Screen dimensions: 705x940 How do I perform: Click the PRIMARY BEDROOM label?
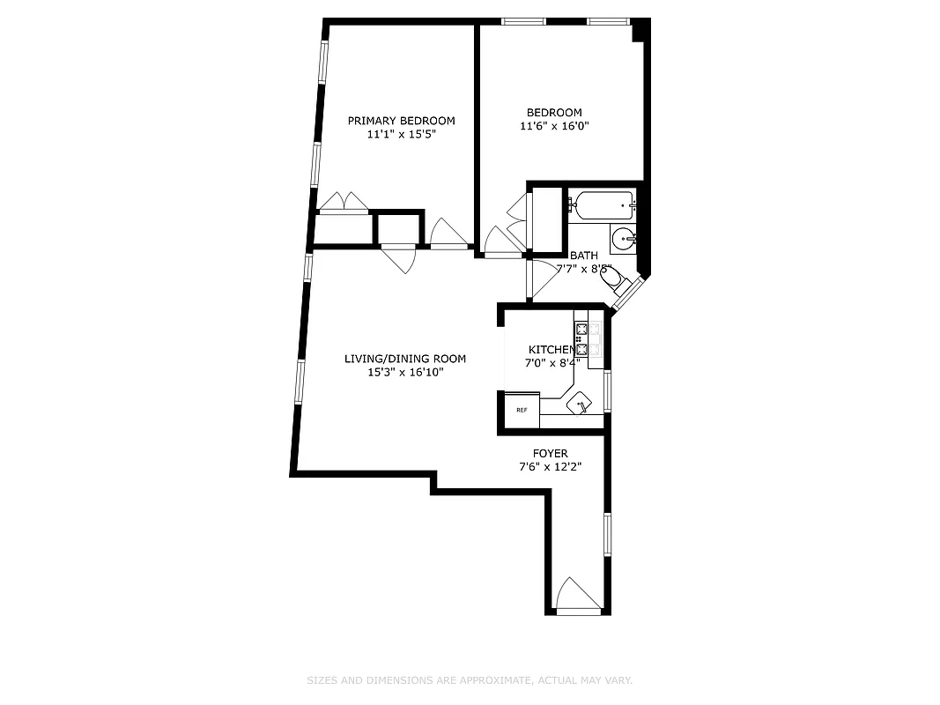401,121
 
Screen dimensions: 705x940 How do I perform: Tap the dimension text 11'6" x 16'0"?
554,126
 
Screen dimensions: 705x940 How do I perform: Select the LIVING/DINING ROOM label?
404,359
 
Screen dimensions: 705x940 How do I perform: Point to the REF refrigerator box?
522,410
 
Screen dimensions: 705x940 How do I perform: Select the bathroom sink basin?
625,237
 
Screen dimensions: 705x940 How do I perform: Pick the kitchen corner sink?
581,404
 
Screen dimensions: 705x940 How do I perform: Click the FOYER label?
551,454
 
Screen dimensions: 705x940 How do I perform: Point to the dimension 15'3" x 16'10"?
404,373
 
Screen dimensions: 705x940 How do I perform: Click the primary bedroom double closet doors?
343,204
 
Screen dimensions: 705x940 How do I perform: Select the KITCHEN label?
551,350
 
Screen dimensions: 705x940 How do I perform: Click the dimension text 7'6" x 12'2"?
551,468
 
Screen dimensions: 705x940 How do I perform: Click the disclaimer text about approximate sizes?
470,680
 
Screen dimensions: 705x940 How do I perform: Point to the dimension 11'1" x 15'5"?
401,135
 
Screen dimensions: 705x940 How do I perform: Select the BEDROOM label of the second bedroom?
554,112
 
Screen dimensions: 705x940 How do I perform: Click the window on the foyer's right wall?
607,534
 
